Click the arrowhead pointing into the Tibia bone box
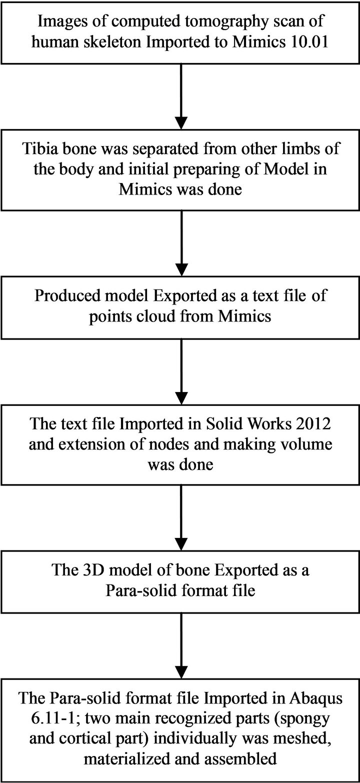pyautogui.click(x=181, y=122)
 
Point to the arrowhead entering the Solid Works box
pyautogui.click(x=181, y=397)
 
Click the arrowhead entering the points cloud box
pyautogui.click(x=181, y=269)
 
